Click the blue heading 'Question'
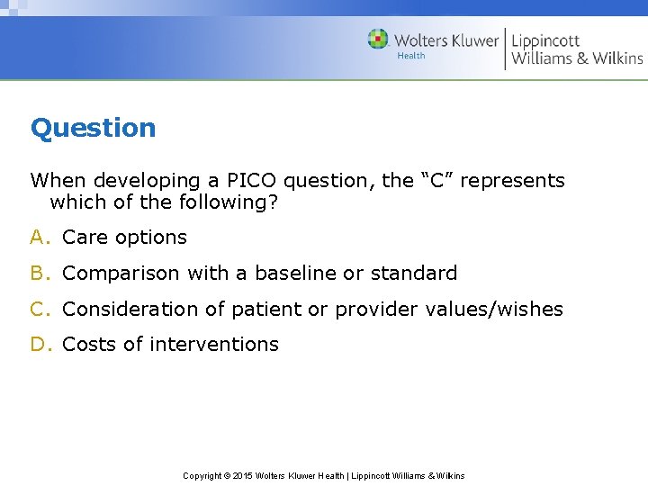(x=93, y=128)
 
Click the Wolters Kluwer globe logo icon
(x=378, y=39)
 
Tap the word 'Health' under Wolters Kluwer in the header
(x=411, y=56)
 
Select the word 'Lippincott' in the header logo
(x=545, y=40)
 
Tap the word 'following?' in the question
(x=233, y=202)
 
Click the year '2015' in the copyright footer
(x=242, y=475)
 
